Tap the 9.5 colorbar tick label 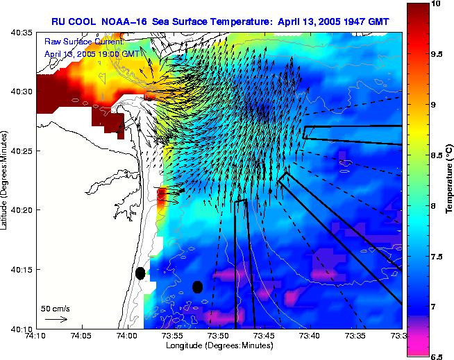437,53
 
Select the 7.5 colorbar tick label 437,256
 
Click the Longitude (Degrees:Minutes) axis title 218,345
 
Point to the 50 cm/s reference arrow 56,319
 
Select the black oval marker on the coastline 140,273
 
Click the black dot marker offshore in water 197,286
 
